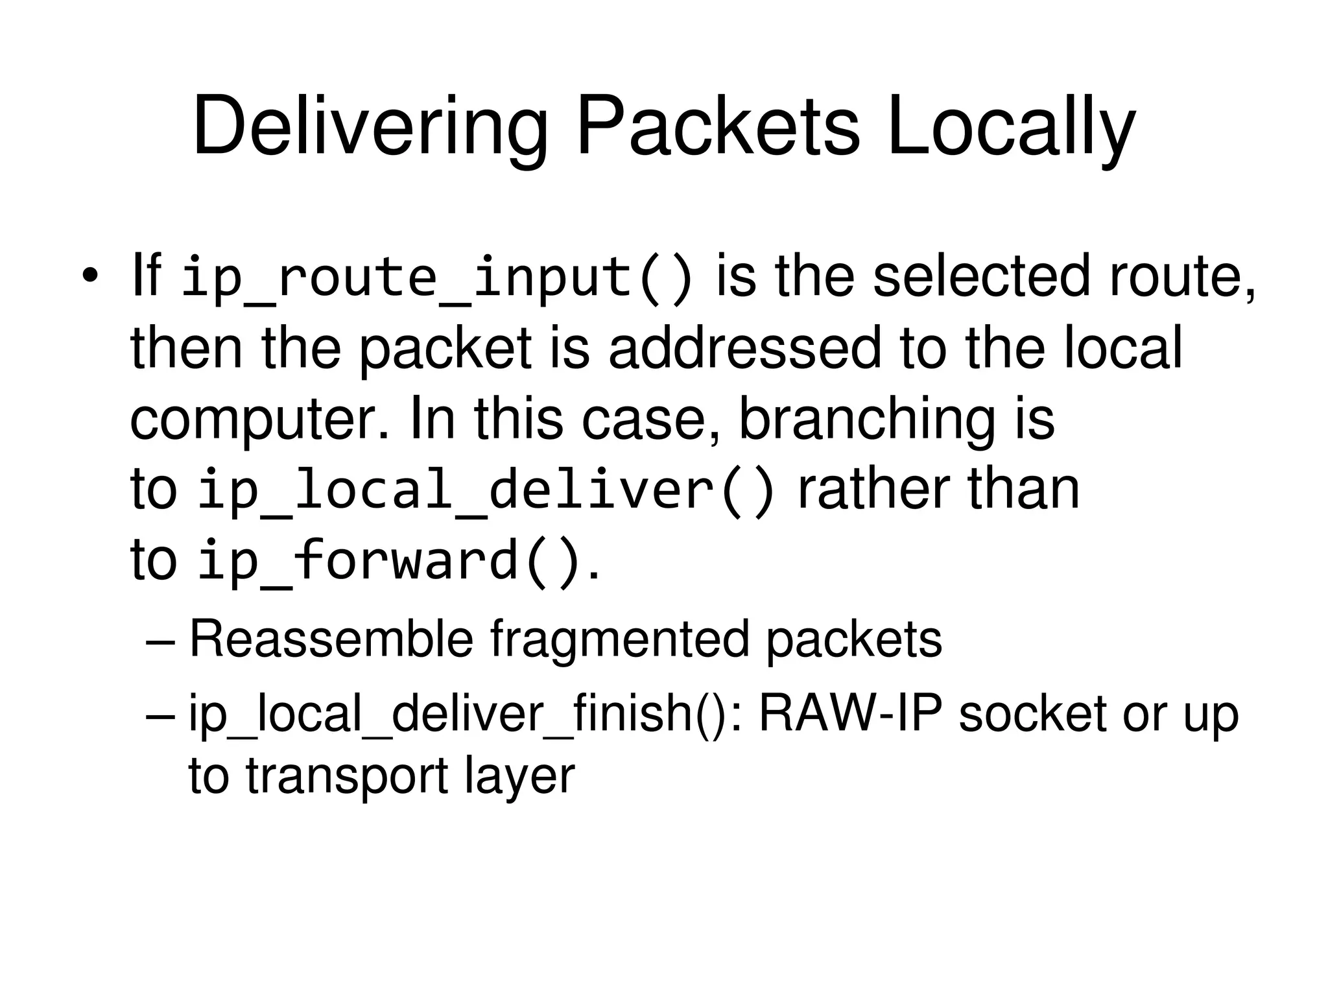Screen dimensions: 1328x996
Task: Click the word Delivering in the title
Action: [x=370, y=127]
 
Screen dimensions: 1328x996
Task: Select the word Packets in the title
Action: [x=718, y=127]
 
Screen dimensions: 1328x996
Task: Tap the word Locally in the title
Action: [x=1011, y=127]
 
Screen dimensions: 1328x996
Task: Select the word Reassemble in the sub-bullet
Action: [x=331, y=639]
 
